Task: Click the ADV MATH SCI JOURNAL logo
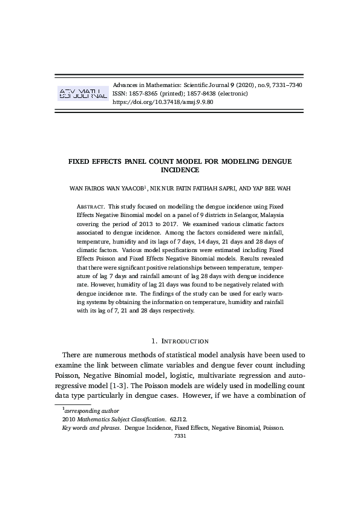82,93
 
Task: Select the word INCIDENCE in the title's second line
180,171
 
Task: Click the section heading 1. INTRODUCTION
180,342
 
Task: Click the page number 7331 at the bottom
180,435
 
